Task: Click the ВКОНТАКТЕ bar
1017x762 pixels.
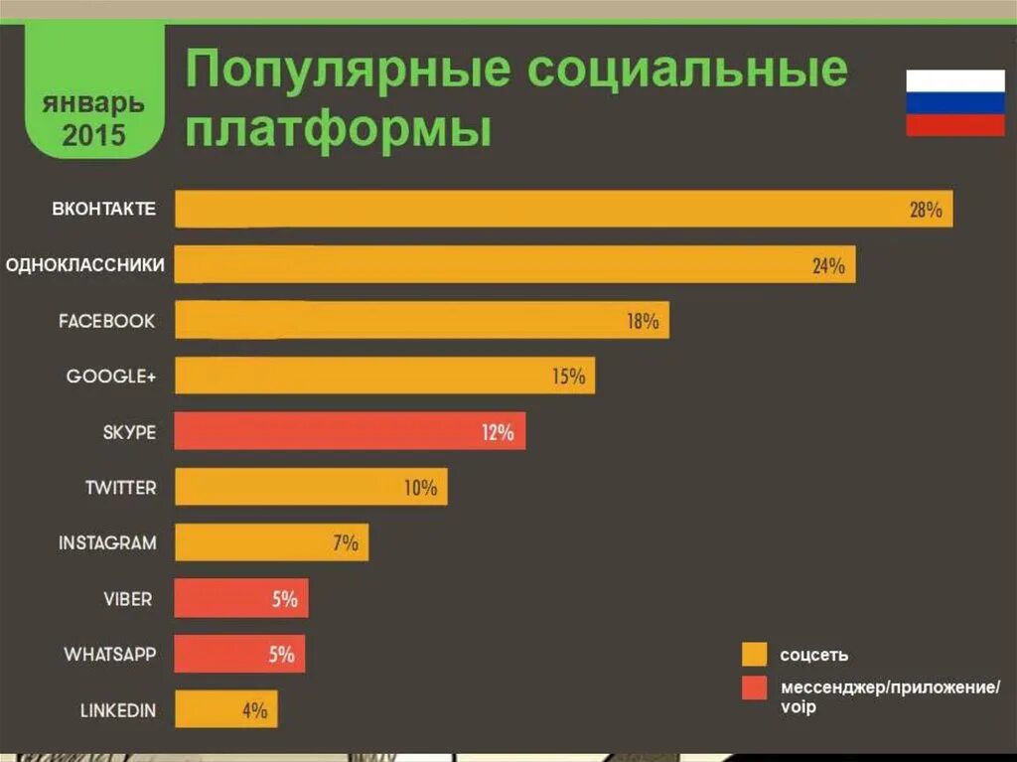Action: tap(563, 209)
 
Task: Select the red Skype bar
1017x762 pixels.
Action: tap(350, 431)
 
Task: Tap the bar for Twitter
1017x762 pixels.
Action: tap(311, 487)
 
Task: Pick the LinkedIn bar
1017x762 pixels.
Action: tap(226, 709)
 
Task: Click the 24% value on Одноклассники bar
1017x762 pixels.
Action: tap(827, 265)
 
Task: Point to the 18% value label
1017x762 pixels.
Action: tap(643, 321)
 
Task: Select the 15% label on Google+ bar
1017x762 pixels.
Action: tap(569, 377)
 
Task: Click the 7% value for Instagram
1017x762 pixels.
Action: tap(345, 542)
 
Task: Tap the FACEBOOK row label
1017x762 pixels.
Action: tap(107, 321)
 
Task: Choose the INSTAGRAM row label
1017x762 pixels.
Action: tap(107, 542)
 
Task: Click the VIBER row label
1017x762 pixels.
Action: tap(128, 598)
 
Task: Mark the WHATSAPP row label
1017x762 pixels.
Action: tap(110, 654)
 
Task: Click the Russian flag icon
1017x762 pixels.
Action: tap(954, 102)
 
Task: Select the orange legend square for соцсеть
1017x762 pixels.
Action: tap(755, 654)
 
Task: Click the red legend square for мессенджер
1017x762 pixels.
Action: tap(755, 687)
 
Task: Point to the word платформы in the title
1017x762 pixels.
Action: tap(339, 130)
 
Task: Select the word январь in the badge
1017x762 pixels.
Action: tap(94, 102)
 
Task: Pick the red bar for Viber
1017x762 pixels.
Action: tap(241, 598)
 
